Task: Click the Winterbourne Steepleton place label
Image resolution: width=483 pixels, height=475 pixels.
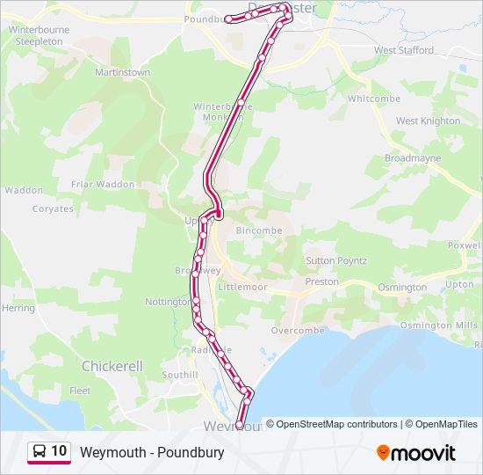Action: click(x=39, y=35)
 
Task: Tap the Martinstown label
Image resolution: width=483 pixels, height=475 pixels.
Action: click(x=122, y=72)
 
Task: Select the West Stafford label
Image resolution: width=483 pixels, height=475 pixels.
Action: click(x=404, y=50)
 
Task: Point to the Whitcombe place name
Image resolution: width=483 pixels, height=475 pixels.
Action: click(x=374, y=99)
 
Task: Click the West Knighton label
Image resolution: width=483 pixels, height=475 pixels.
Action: click(x=428, y=121)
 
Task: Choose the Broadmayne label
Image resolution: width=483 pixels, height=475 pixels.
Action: click(x=413, y=158)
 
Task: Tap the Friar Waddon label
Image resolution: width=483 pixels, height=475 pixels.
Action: click(x=103, y=184)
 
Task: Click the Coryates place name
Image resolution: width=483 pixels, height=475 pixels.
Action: click(x=53, y=209)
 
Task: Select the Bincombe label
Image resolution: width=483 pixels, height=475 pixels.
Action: click(x=261, y=230)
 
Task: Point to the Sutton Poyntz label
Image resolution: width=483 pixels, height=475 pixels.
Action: click(x=335, y=261)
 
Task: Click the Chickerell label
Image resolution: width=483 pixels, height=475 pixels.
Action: click(x=112, y=365)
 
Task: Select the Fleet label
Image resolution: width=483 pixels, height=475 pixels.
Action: click(x=80, y=391)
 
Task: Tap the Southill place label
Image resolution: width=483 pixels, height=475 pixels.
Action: click(x=180, y=375)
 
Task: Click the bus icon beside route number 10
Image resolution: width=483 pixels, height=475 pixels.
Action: click(x=40, y=451)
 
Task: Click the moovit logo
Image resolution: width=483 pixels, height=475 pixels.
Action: click(x=416, y=453)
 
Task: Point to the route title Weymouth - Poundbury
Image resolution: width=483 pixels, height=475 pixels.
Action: click(x=152, y=452)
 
